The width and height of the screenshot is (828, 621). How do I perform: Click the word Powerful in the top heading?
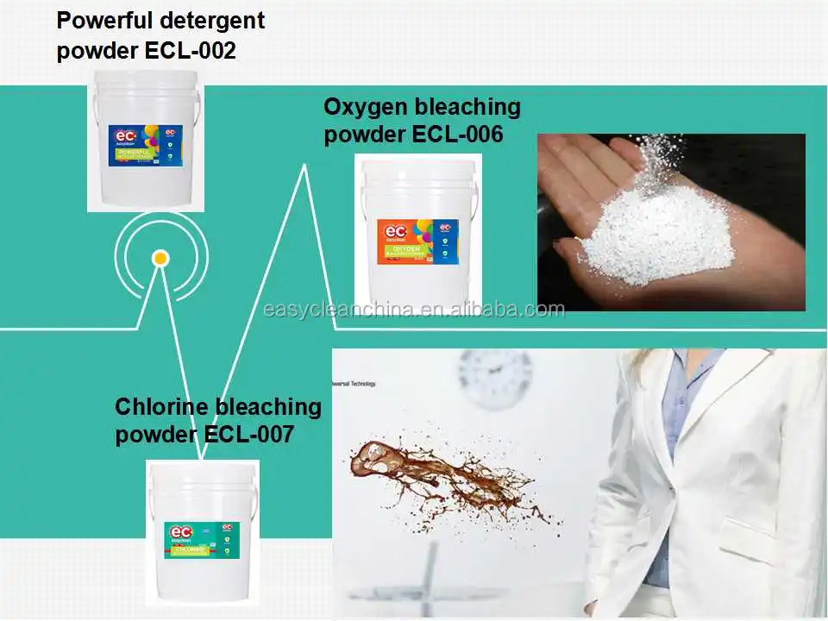pyautogui.click(x=98, y=21)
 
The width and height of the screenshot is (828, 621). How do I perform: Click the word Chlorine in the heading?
pyautogui.click(x=163, y=406)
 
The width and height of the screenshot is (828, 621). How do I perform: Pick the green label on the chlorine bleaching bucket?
pyautogui.click(x=202, y=540)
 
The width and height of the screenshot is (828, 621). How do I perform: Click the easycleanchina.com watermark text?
pyautogui.click(x=414, y=310)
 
